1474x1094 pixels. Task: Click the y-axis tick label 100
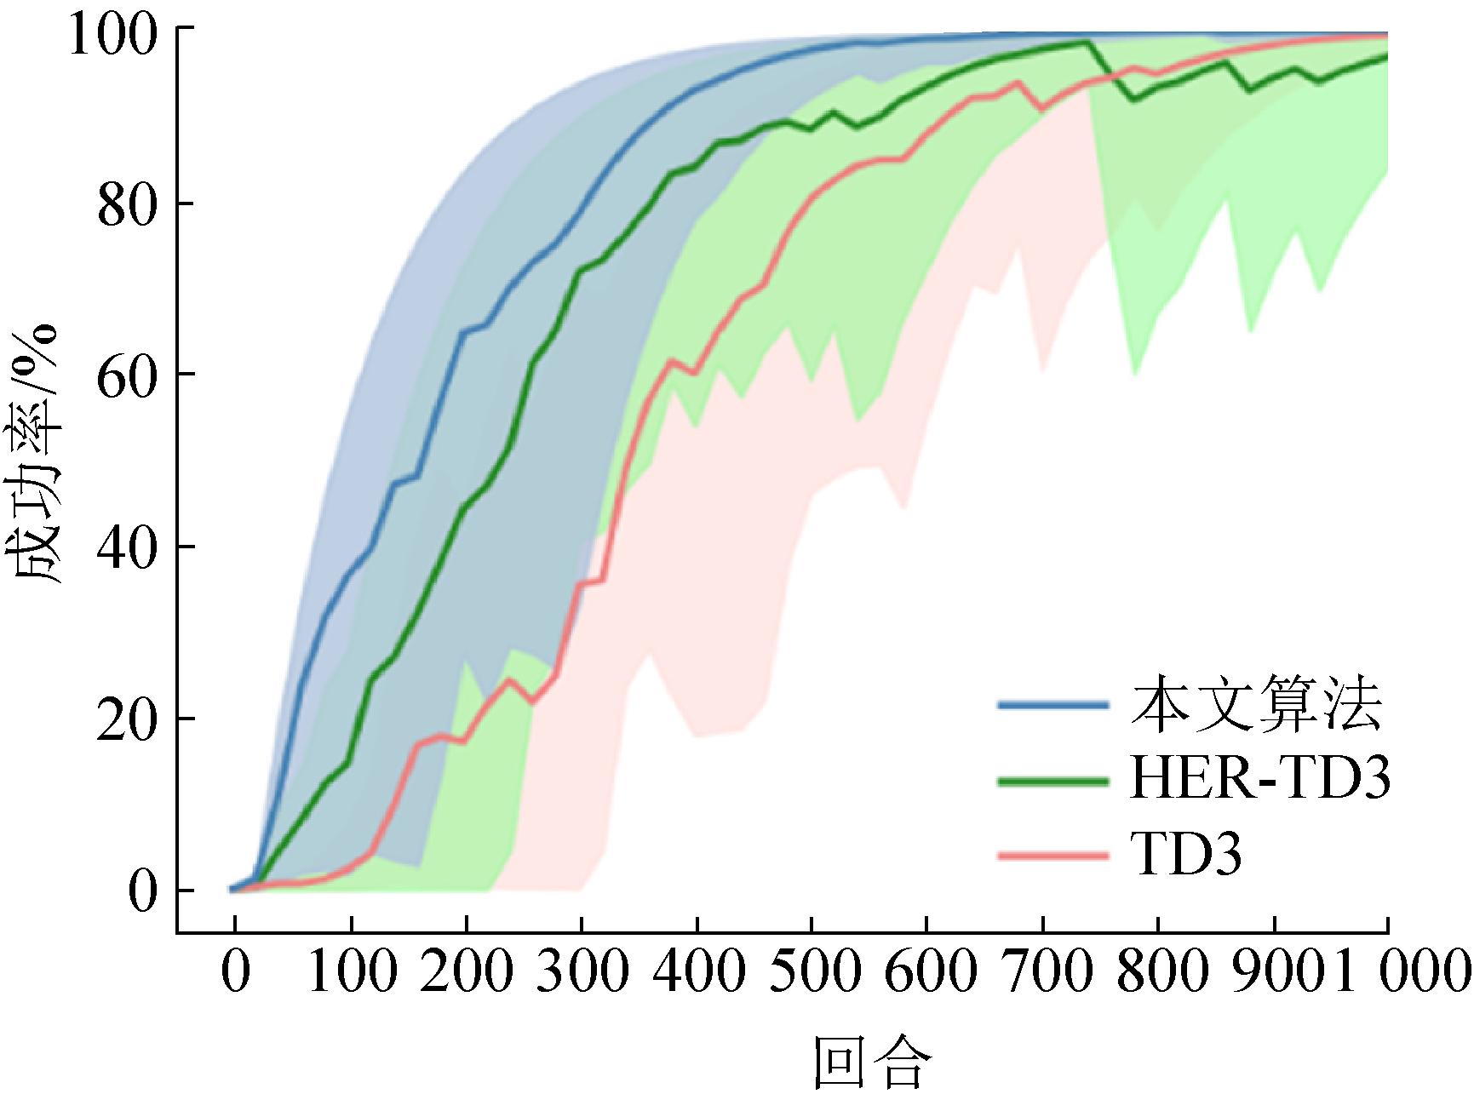point(113,35)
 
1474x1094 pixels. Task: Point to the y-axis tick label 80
point(128,205)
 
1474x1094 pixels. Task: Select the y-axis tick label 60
point(128,376)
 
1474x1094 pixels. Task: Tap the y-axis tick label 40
point(128,548)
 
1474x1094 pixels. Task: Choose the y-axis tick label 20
point(128,720)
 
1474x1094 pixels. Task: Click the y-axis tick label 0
point(143,891)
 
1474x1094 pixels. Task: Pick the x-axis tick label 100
point(352,971)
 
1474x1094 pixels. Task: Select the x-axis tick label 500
point(813,971)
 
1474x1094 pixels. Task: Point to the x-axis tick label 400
point(698,971)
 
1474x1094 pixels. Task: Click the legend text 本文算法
point(1256,705)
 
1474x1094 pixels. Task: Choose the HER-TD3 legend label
point(1259,778)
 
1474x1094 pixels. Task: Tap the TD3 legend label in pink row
point(1185,854)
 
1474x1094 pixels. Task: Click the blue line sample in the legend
point(1053,705)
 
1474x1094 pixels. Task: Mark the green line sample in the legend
point(1053,780)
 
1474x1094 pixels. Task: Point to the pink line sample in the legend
point(1053,855)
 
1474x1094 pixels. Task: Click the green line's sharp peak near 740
point(1087,42)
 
